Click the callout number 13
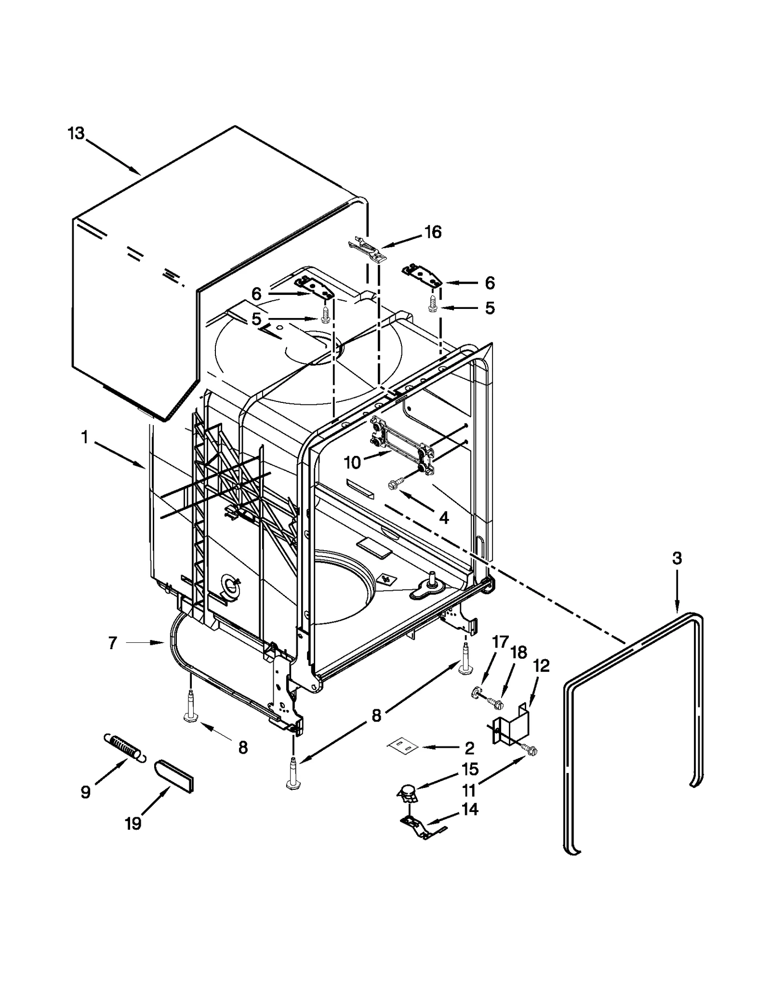coord(76,134)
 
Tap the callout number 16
coord(433,232)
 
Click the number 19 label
coord(133,824)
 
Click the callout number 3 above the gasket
coord(677,559)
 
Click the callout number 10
coord(352,463)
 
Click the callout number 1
coord(85,438)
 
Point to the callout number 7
coord(112,643)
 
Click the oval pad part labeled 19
coord(174,775)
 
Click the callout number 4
coord(444,518)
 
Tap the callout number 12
coord(542,666)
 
